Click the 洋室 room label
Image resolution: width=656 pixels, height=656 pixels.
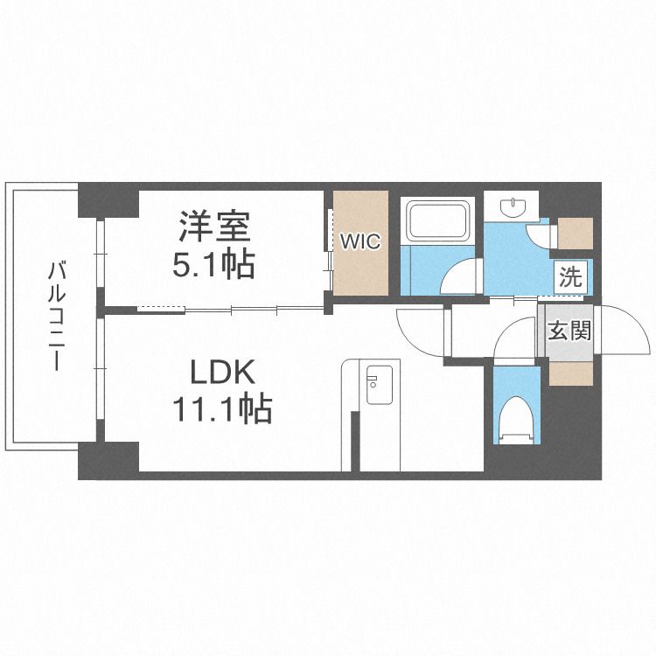(215, 227)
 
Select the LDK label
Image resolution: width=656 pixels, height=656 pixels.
(223, 373)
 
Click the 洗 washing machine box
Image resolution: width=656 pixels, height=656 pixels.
(570, 279)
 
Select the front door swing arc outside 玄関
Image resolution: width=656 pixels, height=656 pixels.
(618, 329)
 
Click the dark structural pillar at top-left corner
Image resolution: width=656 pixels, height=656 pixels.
(108, 200)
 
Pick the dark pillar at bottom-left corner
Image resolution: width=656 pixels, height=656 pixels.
(108, 460)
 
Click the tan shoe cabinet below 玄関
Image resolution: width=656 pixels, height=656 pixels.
(569, 373)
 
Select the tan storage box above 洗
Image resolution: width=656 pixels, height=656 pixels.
(574, 231)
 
